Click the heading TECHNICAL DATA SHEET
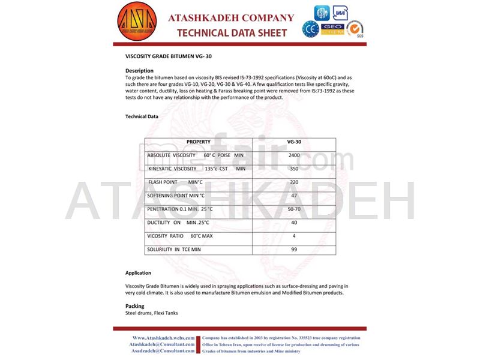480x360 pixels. pyautogui.click(x=231, y=32)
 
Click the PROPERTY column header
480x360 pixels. pyautogui.click(x=199, y=142)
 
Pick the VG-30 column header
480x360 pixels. pyautogui.click(x=294, y=142)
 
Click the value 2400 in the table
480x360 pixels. pyautogui.click(x=294, y=155)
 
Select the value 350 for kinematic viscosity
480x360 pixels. pyautogui.click(x=294, y=169)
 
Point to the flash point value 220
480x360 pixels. pyautogui.click(x=294, y=182)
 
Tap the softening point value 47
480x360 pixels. pyautogui.click(x=294, y=196)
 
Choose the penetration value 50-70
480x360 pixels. pyautogui.click(x=294, y=209)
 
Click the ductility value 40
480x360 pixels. pyautogui.click(x=294, y=223)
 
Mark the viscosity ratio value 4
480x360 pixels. pyautogui.click(x=294, y=236)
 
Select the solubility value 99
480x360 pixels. pyautogui.click(x=294, y=249)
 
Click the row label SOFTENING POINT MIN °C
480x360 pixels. pyautogui.click(x=176, y=196)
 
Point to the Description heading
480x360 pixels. pyautogui.click(x=139, y=71)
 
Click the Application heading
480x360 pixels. pyautogui.click(x=138, y=273)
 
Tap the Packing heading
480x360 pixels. pyautogui.click(x=134, y=306)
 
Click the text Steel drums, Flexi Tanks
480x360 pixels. pyautogui.click(x=151, y=313)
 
